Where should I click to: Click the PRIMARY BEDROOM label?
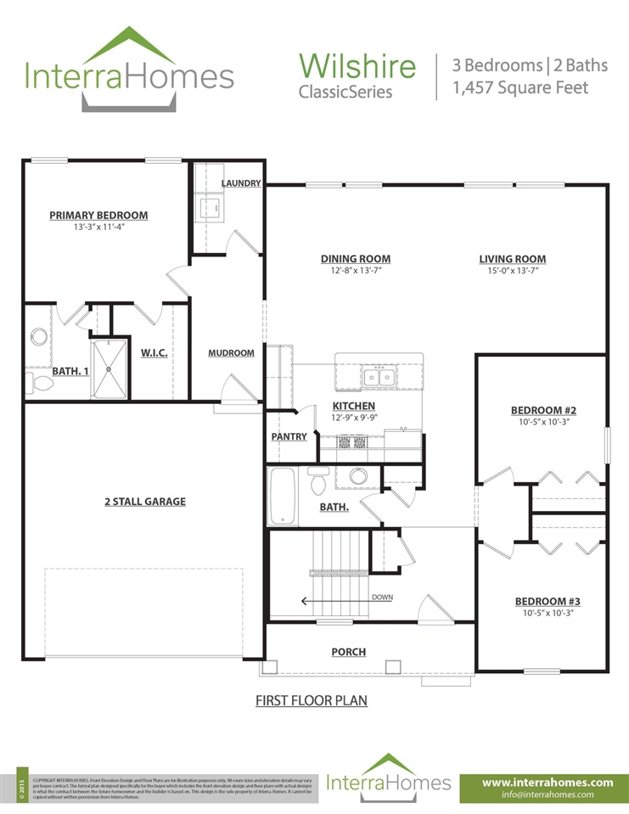[x=98, y=216]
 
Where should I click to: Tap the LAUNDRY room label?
[x=240, y=183]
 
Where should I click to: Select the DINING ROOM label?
[x=355, y=259]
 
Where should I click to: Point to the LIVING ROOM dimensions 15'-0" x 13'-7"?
[x=512, y=271]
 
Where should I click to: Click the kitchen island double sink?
[x=378, y=376]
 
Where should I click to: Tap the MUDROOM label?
[x=231, y=353]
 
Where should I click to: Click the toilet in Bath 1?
[x=39, y=383]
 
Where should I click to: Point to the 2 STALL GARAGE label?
[x=144, y=502]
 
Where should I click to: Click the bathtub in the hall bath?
[x=280, y=497]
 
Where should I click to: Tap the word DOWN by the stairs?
[x=382, y=598]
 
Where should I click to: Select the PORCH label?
[x=348, y=652]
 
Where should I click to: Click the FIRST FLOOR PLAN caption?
[x=312, y=702]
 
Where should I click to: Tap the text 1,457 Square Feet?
[x=520, y=87]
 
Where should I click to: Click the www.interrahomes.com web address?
[x=547, y=782]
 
